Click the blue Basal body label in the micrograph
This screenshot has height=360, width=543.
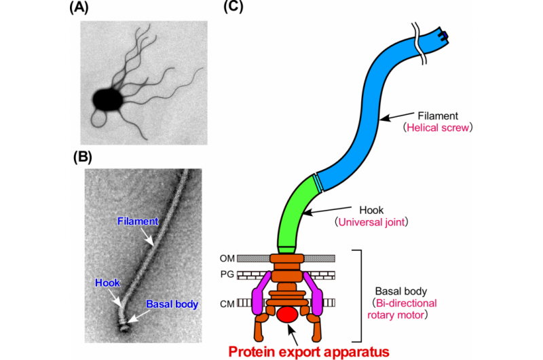click(x=173, y=304)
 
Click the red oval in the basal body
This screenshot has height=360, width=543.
click(x=288, y=314)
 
